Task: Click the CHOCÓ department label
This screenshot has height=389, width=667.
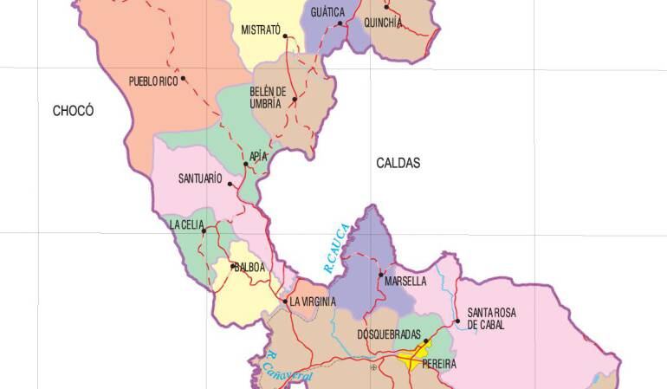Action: pos(73,111)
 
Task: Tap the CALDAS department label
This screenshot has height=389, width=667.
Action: pos(398,163)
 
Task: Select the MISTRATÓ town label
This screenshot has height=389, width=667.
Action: pos(261,30)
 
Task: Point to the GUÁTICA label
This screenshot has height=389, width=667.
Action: pos(327,12)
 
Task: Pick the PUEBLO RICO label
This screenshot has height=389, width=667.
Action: pos(152,81)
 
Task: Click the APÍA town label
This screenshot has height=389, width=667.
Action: pos(257,156)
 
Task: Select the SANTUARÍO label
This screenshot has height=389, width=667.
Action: pos(200,180)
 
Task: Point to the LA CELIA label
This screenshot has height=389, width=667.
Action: pos(187,225)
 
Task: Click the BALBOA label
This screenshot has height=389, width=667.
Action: pos(248,267)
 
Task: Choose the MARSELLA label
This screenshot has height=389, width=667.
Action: pos(404,282)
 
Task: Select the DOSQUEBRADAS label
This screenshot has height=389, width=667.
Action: pos(389,334)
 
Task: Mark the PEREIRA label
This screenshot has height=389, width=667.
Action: pos(438,365)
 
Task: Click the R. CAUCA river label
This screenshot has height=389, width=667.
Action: pos(336,250)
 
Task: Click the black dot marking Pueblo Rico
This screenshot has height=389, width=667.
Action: pos(184,79)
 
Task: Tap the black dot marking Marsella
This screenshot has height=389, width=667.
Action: pos(382,274)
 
